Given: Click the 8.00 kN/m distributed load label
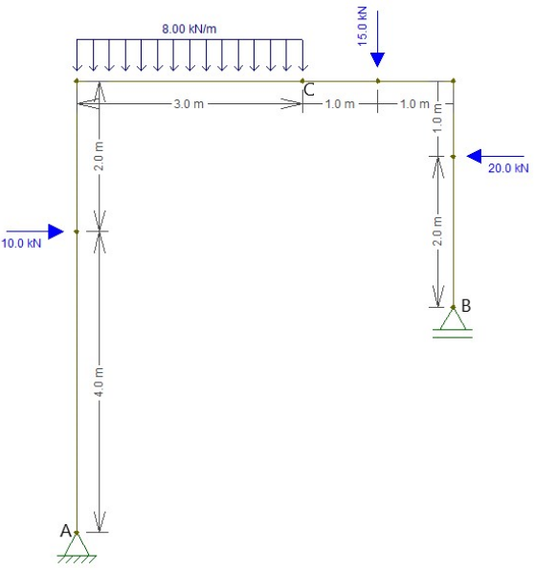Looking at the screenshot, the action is click(x=189, y=29).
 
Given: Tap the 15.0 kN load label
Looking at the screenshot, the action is click(x=363, y=27).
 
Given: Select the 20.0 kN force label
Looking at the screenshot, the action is click(x=508, y=168).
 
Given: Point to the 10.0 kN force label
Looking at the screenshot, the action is click(x=21, y=243).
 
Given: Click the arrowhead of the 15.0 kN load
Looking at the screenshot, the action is click(x=377, y=60).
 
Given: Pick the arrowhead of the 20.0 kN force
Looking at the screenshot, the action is click(x=475, y=156).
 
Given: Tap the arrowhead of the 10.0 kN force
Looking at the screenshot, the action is click(x=56, y=231).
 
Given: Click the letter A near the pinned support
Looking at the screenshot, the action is click(x=65, y=531).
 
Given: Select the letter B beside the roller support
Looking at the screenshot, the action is click(x=466, y=305).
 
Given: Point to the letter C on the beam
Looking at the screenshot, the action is click(x=309, y=90).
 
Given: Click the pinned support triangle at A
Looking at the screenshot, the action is click(x=77, y=544).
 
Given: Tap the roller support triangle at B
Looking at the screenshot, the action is click(x=453, y=318).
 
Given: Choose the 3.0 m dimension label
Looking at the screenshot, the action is click(x=189, y=104).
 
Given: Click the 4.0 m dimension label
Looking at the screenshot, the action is click(x=99, y=382).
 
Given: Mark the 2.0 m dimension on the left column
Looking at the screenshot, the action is click(x=99, y=156).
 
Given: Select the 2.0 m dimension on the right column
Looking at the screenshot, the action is click(x=438, y=231).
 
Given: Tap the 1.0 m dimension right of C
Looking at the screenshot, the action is click(x=340, y=104).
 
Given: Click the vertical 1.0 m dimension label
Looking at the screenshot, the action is click(x=438, y=119).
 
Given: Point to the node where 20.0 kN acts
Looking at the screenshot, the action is click(x=453, y=156).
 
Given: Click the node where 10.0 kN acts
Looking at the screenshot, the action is click(x=77, y=231).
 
